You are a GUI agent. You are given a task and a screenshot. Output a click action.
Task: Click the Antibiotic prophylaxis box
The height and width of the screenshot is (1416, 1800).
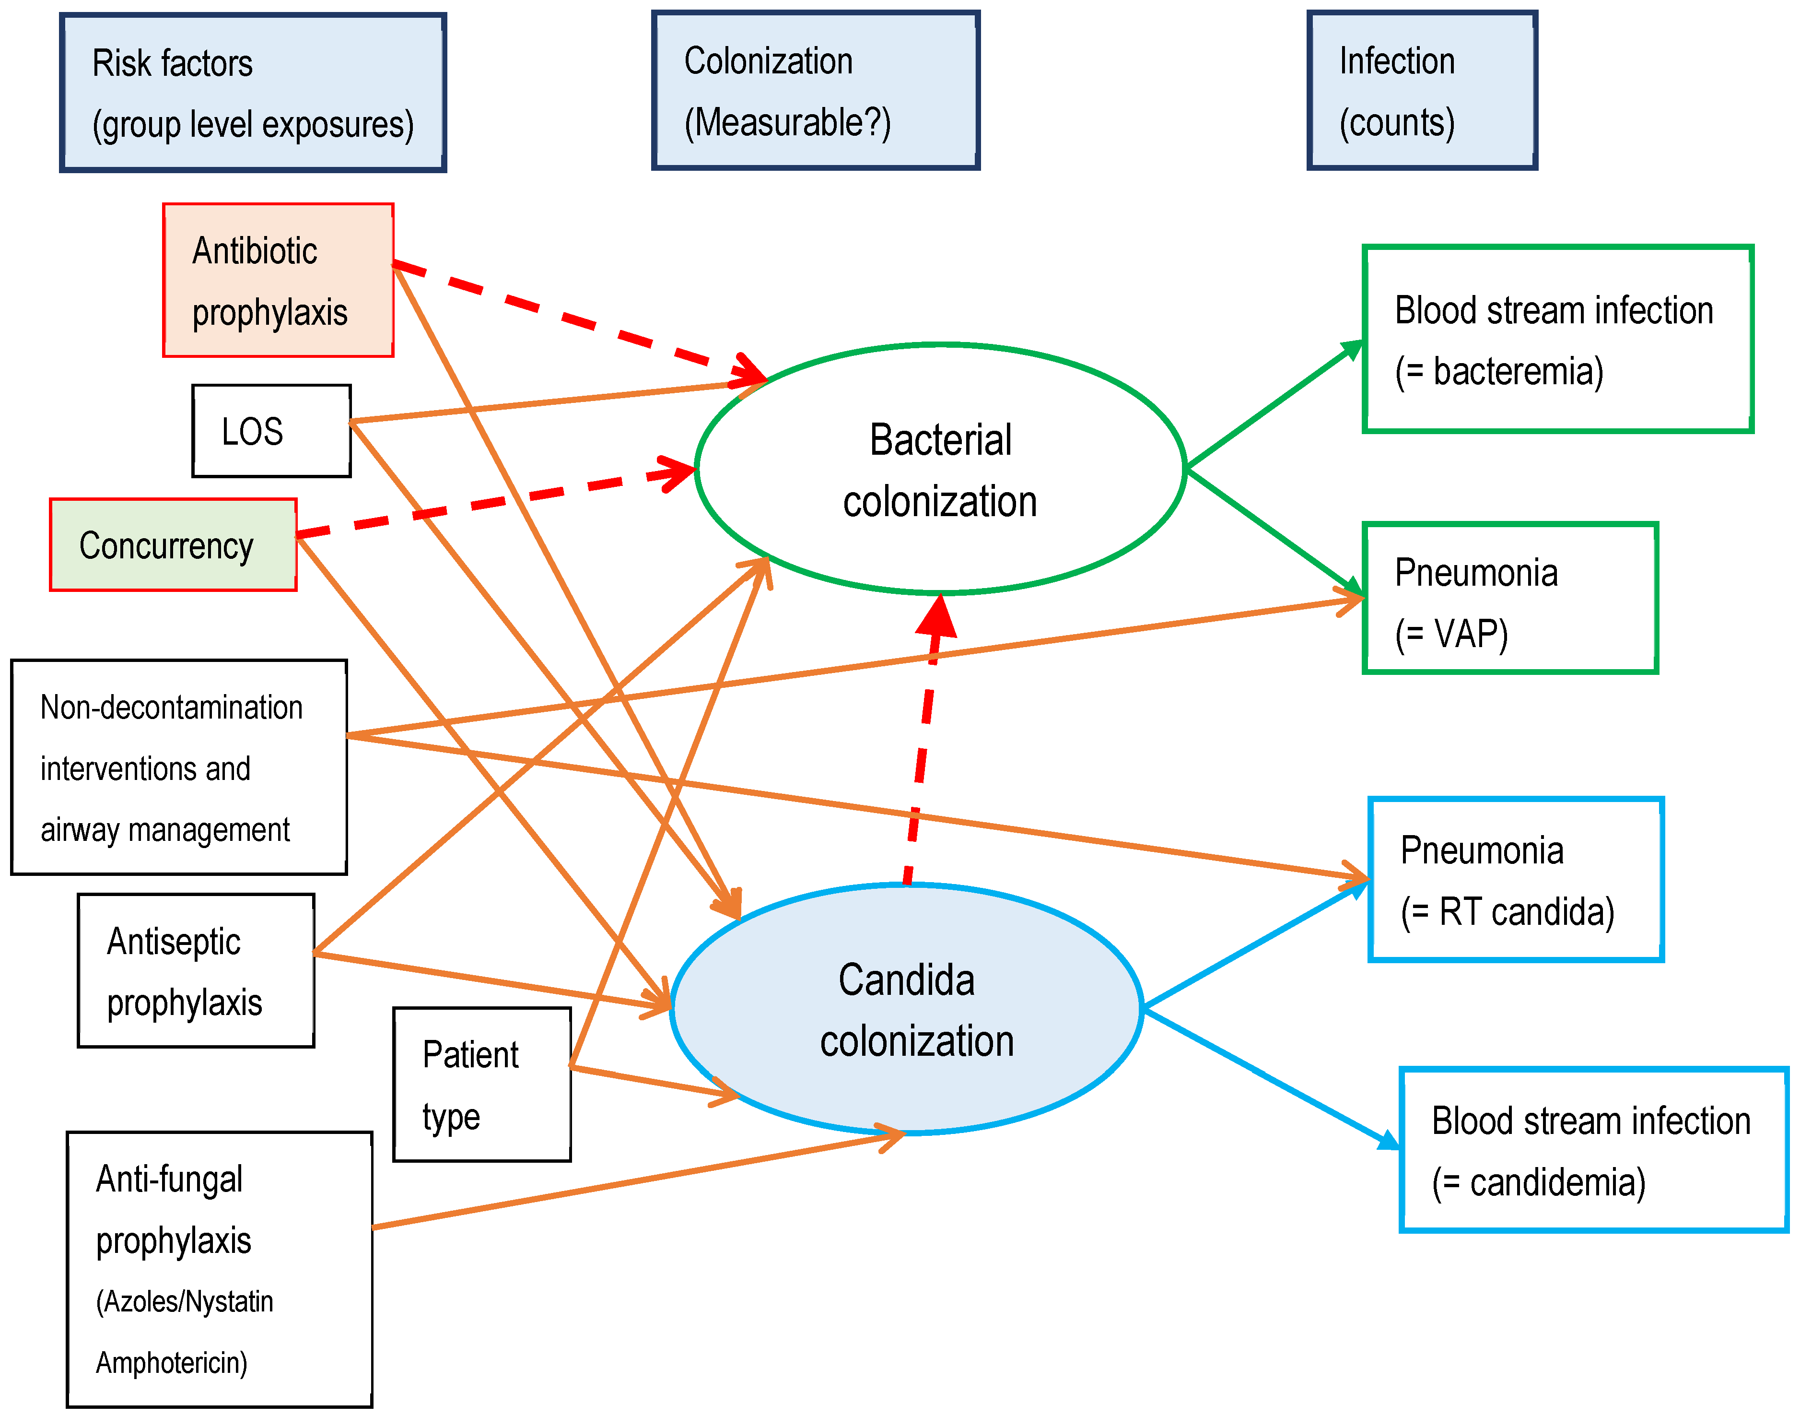(278, 280)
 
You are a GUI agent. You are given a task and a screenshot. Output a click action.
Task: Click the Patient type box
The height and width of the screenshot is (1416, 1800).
(481, 1085)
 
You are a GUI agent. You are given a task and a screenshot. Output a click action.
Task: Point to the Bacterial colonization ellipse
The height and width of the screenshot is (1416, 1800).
(940, 469)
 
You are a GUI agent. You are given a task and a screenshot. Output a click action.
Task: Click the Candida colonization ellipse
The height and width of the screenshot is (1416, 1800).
(907, 1009)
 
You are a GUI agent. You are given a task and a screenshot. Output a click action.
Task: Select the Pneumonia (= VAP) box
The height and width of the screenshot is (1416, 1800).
(1509, 598)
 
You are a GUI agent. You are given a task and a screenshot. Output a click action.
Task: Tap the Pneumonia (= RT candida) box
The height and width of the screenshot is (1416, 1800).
(1516, 880)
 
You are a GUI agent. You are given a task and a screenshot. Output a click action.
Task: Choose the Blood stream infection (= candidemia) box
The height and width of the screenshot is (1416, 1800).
(1593, 1150)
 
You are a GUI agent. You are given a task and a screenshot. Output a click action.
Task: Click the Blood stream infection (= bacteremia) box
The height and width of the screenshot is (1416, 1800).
(1557, 339)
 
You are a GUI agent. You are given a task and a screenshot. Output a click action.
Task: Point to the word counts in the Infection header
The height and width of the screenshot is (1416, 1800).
(1397, 123)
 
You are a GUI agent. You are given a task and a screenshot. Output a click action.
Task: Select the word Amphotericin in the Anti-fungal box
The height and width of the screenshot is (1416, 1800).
(172, 1362)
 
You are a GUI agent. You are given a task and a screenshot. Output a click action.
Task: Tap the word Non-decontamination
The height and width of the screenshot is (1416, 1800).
(172, 707)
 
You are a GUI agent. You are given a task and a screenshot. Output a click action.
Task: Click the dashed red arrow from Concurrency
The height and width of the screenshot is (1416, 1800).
(497, 502)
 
